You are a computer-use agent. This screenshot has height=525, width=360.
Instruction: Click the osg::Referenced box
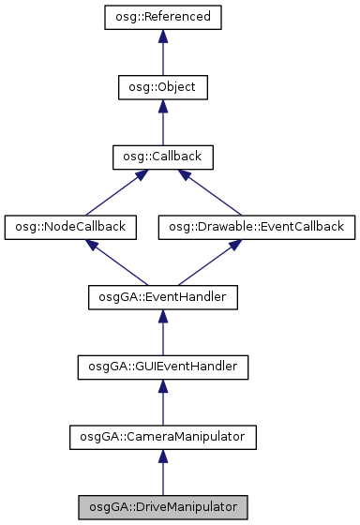coord(162,17)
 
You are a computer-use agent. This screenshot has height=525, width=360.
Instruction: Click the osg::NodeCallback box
coord(71,227)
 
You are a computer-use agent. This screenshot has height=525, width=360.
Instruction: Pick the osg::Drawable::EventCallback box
coord(257,227)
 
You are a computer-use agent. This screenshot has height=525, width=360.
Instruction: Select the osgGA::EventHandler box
coord(162,297)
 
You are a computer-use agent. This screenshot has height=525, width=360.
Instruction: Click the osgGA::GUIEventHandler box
coord(162,367)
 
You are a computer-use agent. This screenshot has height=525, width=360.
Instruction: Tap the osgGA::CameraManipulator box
coord(162,437)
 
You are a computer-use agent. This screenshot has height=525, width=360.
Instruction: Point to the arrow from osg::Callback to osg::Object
coord(162,124)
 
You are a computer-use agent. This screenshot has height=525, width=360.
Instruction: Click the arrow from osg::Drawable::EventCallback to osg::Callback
coord(212,193)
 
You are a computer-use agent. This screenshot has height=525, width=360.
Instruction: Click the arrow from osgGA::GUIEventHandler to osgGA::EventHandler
coord(162,334)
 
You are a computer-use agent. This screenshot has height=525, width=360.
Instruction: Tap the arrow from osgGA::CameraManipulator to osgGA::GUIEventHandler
coord(162,404)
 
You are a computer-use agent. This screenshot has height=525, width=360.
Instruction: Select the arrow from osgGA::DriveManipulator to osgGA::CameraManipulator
coord(162,473)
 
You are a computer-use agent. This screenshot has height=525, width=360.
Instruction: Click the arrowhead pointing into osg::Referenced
coord(162,36)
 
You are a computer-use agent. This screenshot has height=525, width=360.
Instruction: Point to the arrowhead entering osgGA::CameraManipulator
coord(162,456)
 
